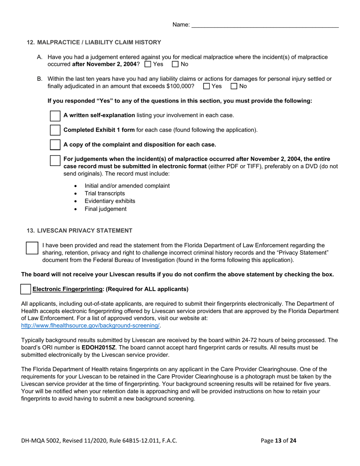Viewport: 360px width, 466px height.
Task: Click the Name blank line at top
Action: point(265,25)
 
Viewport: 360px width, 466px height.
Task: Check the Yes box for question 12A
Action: point(148,64)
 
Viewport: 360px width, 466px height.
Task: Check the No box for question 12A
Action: point(175,64)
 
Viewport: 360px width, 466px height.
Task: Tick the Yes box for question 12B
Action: point(207,86)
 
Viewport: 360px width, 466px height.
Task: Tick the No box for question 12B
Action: point(234,86)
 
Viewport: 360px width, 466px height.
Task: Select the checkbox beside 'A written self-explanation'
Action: point(55,116)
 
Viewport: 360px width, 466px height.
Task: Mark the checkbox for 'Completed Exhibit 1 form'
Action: point(55,130)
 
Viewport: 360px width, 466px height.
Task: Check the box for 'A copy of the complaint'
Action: point(55,145)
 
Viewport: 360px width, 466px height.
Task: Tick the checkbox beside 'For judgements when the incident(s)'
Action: point(55,160)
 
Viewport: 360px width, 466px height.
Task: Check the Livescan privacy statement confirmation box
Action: point(32,248)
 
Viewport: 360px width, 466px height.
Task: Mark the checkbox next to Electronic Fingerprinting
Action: point(26,289)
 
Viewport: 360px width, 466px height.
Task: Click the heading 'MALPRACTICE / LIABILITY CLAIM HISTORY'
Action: point(99,42)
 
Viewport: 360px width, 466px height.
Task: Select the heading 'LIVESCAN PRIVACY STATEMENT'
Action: point(85,231)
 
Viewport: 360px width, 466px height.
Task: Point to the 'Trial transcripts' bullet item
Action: point(105,194)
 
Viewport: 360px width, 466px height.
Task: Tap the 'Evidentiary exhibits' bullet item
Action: point(110,201)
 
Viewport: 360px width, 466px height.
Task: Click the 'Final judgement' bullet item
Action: point(105,209)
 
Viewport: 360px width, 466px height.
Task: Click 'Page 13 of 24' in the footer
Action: point(279,440)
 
